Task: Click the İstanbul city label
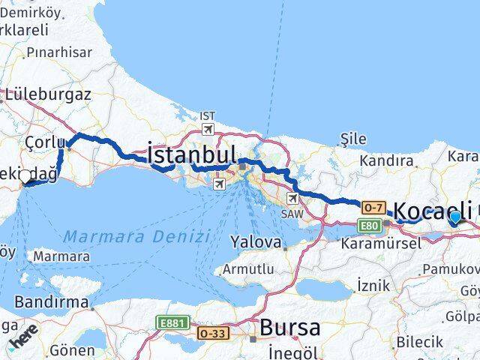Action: coord(193,155)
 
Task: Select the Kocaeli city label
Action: coord(433,210)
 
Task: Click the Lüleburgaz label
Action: coord(47,95)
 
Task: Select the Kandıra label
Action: coord(386,160)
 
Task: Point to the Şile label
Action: coord(352,139)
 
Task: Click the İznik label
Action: coord(373,285)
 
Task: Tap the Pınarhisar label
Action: coord(58,52)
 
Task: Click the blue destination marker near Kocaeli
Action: coord(454,217)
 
